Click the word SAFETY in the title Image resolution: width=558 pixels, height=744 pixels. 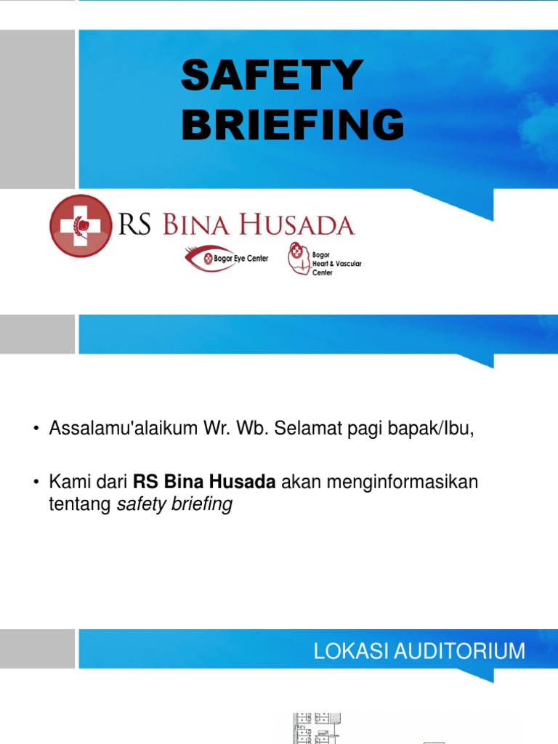coord(272,76)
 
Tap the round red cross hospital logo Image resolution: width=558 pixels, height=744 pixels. coord(80,225)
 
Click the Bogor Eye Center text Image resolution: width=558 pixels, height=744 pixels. coord(242,259)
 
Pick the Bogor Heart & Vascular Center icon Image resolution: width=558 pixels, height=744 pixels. coord(297,258)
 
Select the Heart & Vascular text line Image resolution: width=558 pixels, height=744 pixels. coord(337,264)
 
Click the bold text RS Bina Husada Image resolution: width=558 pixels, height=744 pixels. coord(204,482)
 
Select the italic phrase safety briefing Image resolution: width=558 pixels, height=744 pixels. coord(174,504)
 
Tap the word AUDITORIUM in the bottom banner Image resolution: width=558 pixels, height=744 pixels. coord(460,650)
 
